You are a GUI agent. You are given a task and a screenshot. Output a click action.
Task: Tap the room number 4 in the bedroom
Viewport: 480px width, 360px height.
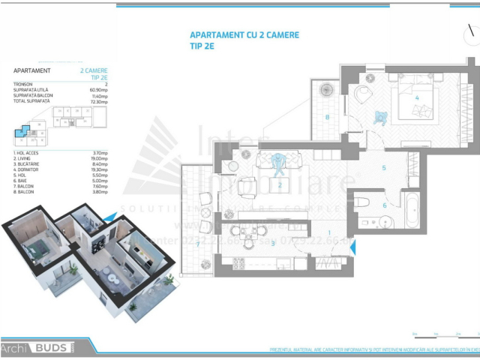[x=416, y=97]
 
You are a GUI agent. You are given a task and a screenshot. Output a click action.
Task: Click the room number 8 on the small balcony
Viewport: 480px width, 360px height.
[x=328, y=116]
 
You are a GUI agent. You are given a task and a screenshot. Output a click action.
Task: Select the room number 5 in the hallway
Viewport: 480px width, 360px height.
[x=383, y=167]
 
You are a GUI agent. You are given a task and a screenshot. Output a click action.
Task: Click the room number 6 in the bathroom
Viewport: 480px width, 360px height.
[x=385, y=205]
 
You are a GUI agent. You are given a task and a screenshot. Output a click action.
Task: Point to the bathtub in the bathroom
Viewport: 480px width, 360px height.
[x=412, y=211]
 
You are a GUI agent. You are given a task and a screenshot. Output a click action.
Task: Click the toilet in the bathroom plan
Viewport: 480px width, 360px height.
[x=362, y=202]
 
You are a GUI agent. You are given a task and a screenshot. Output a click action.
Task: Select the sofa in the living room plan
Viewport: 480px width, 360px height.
[x=278, y=160]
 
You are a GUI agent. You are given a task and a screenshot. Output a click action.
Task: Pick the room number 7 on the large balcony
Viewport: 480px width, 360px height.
[x=198, y=244]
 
